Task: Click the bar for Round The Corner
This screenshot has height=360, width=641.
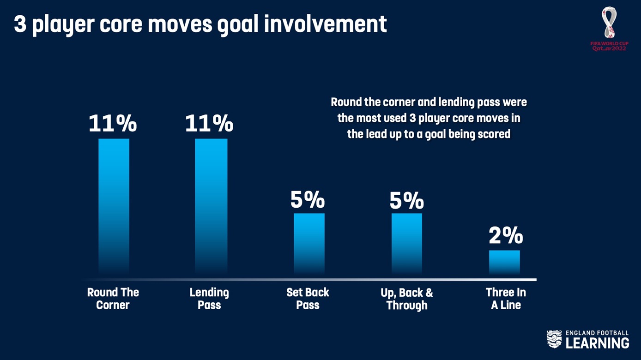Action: click(114, 206)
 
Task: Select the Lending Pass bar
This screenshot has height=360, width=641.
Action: click(211, 206)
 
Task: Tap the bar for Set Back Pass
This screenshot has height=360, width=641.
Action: click(309, 244)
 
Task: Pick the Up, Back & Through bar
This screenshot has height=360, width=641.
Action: click(407, 244)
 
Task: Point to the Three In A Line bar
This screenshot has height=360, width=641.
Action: click(504, 263)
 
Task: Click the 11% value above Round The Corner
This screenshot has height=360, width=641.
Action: click(113, 123)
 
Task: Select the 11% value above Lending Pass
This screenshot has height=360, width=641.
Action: click(209, 123)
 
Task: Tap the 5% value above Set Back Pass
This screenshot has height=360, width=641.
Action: click(308, 199)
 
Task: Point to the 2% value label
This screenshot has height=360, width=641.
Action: click(506, 235)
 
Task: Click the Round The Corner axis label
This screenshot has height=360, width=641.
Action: click(113, 299)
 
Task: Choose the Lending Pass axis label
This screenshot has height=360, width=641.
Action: click(209, 299)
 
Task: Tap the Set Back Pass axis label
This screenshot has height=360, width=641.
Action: click(308, 299)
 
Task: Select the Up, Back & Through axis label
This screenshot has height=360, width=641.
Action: click(407, 299)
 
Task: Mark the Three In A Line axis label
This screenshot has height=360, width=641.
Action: click(506, 299)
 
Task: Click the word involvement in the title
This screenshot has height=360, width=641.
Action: click(326, 24)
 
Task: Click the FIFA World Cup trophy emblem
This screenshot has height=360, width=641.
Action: click(609, 23)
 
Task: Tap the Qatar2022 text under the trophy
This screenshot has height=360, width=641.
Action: click(609, 48)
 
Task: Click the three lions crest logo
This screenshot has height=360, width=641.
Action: click(554, 339)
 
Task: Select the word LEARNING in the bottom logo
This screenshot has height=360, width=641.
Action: click(598, 343)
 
